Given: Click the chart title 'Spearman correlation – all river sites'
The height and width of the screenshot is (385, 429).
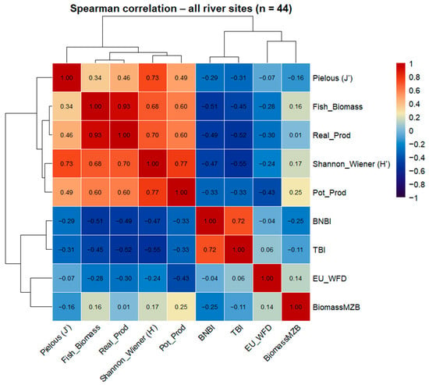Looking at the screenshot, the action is click(161, 9).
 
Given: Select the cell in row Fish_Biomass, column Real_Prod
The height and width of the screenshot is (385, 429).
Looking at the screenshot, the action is click(124, 106).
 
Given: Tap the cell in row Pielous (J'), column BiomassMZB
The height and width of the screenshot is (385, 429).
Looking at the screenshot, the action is click(296, 77).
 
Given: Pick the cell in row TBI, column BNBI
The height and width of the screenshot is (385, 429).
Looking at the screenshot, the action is click(210, 250).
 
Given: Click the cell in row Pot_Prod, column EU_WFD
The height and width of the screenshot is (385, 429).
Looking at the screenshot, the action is click(267, 192).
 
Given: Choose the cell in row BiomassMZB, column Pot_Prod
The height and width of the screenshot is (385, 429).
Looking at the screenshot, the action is click(181, 307).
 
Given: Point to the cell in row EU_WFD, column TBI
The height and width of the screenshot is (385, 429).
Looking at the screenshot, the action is click(239, 278).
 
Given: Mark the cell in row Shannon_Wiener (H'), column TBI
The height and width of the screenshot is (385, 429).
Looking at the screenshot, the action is click(239, 163).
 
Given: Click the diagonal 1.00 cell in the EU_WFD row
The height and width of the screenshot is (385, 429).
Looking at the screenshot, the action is click(267, 278).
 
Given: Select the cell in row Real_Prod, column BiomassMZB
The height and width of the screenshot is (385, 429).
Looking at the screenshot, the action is click(296, 135).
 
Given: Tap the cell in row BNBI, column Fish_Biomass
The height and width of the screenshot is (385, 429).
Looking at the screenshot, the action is click(95, 221).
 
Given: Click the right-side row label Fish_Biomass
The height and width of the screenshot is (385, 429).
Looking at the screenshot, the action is click(338, 106).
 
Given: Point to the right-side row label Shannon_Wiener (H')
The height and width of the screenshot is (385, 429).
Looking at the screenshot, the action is click(351, 164).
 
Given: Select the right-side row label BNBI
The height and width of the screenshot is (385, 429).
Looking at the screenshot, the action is click(321, 221).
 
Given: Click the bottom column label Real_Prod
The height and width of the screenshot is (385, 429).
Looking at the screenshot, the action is click(114, 339).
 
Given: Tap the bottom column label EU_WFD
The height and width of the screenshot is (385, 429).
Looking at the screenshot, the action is click(258, 338).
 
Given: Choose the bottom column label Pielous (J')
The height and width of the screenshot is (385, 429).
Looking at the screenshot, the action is click(56, 340).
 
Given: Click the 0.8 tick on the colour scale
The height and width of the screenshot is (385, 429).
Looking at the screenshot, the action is click(414, 77).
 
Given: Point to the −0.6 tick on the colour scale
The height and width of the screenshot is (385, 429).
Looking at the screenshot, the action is click(417, 171).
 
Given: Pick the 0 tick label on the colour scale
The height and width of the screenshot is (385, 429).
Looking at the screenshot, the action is click(411, 131).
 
